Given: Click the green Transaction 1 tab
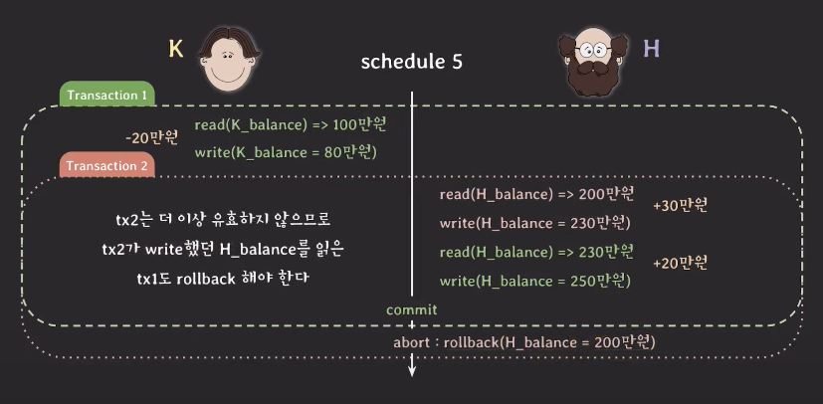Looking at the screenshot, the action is [107, 95].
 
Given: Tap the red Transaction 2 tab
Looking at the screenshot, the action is [107, 165].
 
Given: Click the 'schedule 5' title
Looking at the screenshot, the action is [412, 63].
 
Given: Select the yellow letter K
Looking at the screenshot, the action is [176, 50].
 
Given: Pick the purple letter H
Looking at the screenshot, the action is [652, 50].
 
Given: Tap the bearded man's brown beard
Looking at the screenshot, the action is [592, 78].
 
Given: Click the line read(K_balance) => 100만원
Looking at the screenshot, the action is [291, 125].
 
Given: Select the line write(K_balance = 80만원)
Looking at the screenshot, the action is [286, 152].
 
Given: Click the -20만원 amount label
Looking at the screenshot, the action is [152, 138].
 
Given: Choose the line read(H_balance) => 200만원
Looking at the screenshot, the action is [536, 195].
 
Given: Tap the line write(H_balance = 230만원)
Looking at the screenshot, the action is [534, 224].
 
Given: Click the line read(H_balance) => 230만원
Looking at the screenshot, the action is [536, 253].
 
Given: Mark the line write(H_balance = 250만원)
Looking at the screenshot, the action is [534, 282].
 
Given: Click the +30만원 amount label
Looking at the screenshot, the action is [681, 206].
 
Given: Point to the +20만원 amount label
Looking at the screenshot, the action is [681, 263].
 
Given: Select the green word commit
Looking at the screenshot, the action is [412, 310].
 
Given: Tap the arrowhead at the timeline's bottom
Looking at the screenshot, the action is [412, 372].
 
